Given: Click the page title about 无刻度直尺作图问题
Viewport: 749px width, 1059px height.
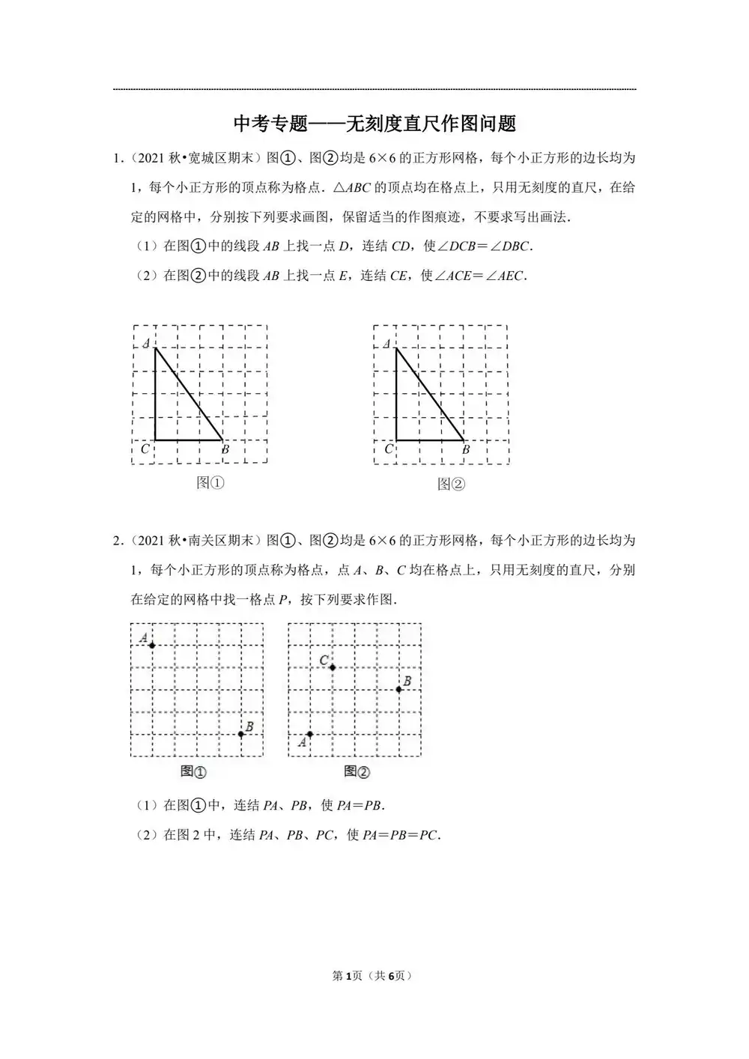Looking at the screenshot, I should (374, 123).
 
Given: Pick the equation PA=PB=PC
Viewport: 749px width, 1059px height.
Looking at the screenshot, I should (401, 835).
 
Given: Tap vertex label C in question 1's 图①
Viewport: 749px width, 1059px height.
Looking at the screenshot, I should (145, 449).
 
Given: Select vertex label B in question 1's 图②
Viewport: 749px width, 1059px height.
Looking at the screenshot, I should (466, 450).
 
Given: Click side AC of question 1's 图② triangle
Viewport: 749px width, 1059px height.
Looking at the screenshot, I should (396, 395).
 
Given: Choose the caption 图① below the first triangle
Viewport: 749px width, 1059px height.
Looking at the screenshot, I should (210, 483).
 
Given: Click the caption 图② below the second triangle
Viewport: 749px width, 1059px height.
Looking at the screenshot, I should (452, 485).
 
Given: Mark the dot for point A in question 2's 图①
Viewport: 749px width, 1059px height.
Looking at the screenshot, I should (152, 646).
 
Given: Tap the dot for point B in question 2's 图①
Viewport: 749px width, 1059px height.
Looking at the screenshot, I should (240, 734).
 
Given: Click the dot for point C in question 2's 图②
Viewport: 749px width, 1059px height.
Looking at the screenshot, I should (332, 667).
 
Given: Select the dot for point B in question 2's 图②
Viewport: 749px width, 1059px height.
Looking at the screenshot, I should (398, 689).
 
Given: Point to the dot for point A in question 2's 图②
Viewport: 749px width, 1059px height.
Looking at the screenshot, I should (309, 734).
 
